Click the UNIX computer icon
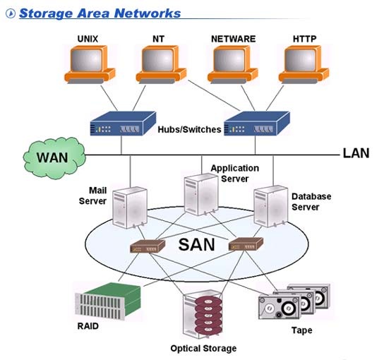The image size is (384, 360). tap(90, 65)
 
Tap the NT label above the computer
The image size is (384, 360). tap(158, 39)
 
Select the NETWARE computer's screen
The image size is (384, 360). tap(229, 59)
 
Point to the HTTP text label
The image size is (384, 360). tap(304, 39)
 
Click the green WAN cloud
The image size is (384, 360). tap(54, 157)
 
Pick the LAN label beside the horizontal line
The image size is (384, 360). tap(356, 153)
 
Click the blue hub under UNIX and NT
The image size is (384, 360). tap(123, 124)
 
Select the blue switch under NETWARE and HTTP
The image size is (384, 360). tap(257, 124)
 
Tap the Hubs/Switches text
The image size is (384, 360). tap(189, 130)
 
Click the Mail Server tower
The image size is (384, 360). tap(130, 208)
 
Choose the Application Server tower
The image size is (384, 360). tap(201, 194)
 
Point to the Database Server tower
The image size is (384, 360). tap(271, 206)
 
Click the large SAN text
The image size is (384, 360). tap(197, 245)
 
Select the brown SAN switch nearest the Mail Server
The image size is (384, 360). tap(148, 246)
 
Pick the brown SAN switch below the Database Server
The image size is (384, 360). tap(246, 244)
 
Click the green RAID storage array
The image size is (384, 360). tap(108, 301)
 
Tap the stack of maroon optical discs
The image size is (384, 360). tap(209, 316)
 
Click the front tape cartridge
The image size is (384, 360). tap(280, 307)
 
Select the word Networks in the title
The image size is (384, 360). tap(148, 13)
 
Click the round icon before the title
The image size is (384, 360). tap(11, 13)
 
